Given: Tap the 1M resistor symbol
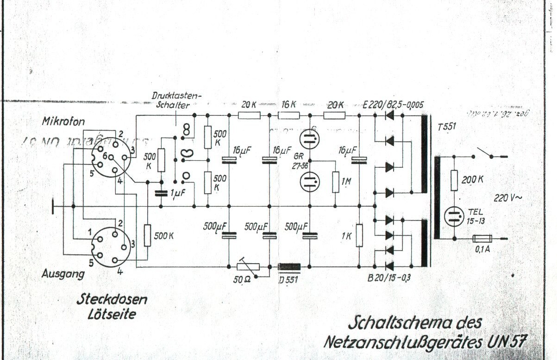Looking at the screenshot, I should point(335,182).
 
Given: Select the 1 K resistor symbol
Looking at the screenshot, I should point(359,236).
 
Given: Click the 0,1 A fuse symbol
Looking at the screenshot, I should point(482,239).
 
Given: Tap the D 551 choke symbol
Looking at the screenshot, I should point(289,267).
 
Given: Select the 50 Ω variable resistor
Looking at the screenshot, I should point(248,267).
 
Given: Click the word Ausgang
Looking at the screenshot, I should point(63,274).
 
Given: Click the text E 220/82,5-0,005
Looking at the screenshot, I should point(393,105).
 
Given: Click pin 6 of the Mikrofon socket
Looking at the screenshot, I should point(106,157).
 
